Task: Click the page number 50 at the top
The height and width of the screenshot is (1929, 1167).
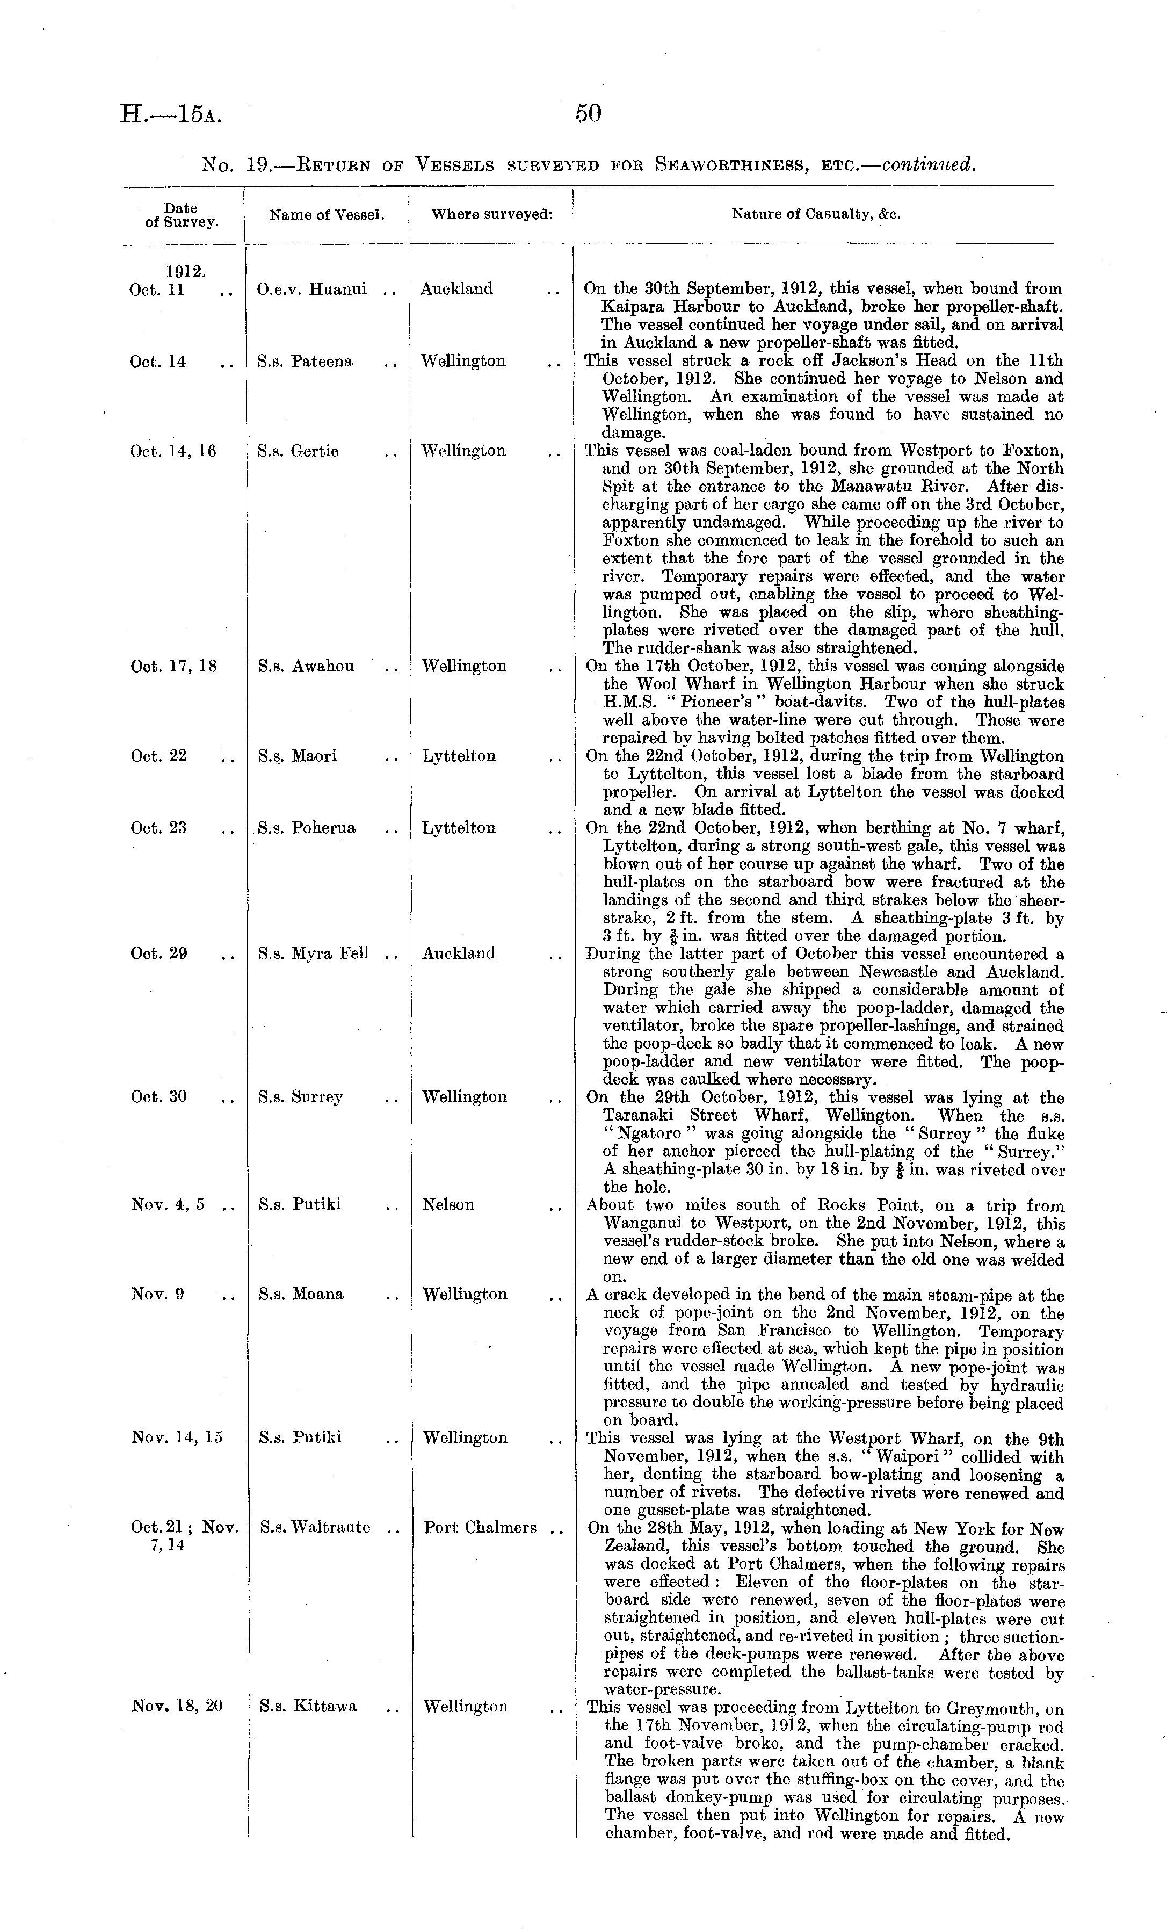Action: (589, 114)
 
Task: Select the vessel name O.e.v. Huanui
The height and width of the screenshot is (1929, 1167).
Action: (311, 289)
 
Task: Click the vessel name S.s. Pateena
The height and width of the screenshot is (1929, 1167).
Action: (305, 362)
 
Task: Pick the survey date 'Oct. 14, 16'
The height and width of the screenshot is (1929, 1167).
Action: (173, 451)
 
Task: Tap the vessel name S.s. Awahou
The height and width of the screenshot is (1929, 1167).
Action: (306, 666)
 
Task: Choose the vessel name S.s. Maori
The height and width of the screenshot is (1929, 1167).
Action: (298, 756)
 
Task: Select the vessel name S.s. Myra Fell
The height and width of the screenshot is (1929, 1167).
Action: (313, 953)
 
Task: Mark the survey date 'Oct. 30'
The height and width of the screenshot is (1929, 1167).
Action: (159, 1097)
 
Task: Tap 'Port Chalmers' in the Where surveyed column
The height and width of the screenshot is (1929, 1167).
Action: (480, 1527)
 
